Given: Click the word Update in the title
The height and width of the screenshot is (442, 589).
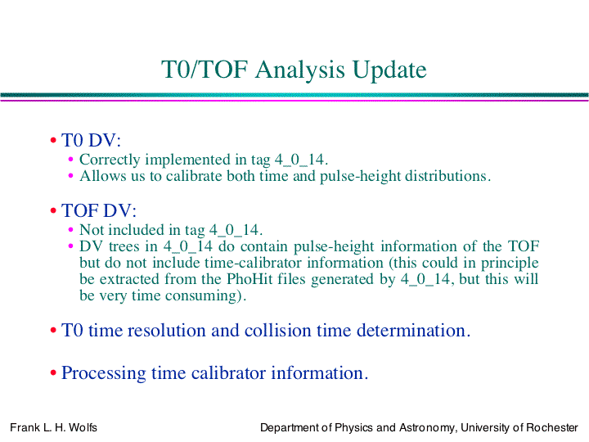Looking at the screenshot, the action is (389, 70).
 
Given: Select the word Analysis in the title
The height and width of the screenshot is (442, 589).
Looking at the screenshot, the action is (299, 70).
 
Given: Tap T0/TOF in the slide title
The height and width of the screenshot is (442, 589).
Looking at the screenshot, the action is (205, 70).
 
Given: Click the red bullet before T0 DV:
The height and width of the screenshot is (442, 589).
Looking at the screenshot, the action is (53, 141).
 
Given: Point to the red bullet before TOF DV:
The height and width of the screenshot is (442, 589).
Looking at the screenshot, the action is (53, 211).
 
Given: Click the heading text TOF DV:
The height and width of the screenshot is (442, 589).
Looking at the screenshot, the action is (99, 210).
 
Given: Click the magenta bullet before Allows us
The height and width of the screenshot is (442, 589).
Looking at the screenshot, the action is (70, 175).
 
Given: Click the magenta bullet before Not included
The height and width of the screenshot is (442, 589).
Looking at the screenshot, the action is (70, 229).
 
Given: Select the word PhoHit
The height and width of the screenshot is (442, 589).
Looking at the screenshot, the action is (250, 279).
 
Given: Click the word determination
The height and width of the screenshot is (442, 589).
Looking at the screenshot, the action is (413, 331).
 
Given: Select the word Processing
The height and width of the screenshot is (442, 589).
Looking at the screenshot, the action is (104, 373).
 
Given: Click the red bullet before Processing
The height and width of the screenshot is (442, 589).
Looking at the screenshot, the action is (53, 373).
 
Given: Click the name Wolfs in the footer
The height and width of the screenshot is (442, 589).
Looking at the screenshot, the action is (83, 428).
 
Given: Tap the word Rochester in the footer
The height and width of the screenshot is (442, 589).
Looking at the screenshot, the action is (552, 428).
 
